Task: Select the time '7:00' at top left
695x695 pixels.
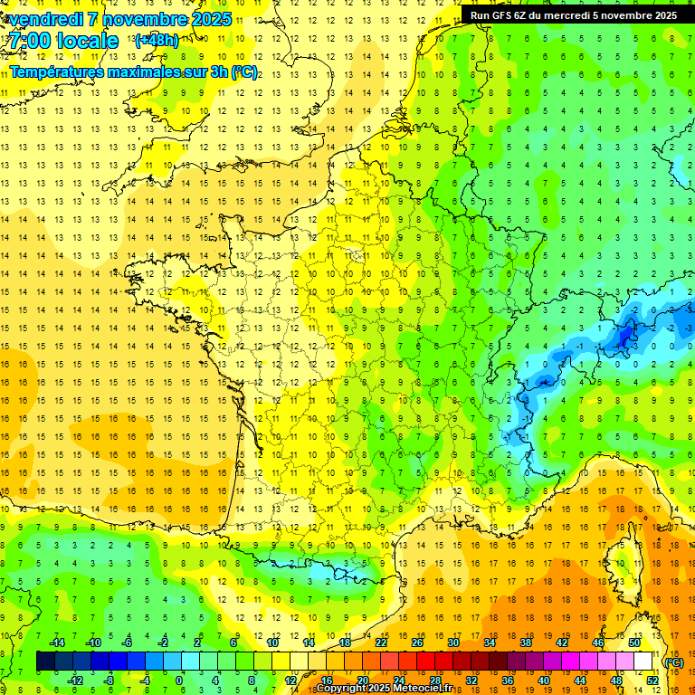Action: pos(28,42)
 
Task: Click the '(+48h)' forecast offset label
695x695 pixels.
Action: pos(157,41)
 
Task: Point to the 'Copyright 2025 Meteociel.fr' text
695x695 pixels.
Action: pos(385,689)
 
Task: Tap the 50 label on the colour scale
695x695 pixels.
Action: pos(634,643)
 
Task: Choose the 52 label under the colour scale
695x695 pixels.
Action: pos(652,681)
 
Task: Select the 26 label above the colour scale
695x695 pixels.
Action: pos(417,643)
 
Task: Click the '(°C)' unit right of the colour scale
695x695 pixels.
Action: pos(673,662)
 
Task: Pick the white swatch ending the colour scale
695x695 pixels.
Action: pos(643,662)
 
